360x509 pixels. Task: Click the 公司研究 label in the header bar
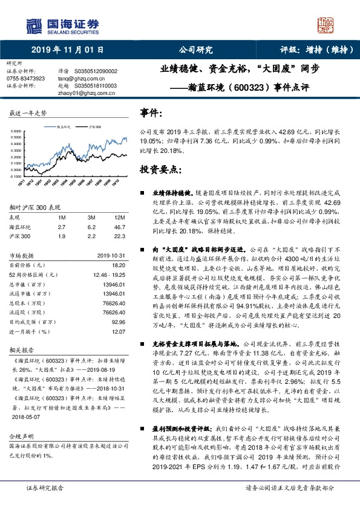(x=196, y=50)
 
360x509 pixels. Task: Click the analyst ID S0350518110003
(x=96, y=86)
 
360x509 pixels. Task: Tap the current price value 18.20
(x=119, y=265)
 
